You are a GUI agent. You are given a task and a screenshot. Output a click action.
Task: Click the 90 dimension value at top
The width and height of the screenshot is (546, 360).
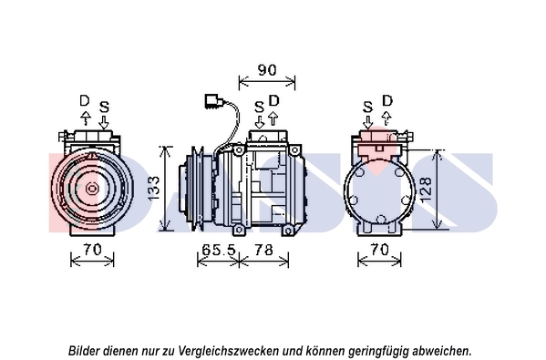(267, 70)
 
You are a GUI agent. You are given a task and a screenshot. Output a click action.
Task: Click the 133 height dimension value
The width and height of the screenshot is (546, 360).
(153, 189)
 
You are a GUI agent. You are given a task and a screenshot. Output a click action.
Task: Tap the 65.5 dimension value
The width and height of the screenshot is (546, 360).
(219, 250)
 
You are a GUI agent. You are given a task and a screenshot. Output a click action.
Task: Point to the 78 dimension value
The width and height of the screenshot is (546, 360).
(263, 250)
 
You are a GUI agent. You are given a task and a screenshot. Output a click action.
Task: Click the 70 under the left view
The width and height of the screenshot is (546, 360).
(92, 250)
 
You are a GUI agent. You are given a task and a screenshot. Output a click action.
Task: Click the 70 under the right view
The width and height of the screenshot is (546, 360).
(379, 250)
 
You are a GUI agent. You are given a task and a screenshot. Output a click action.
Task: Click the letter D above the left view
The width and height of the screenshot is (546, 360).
(85, 101)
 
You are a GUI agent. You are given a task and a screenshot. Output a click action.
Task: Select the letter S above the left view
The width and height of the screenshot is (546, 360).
(104, 107)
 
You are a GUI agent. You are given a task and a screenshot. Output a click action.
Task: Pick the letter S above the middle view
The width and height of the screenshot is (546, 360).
(259, 107)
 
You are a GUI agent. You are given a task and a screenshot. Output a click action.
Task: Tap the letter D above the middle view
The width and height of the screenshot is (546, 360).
(274, 100)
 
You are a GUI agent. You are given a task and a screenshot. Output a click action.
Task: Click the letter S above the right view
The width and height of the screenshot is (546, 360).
(367, 107)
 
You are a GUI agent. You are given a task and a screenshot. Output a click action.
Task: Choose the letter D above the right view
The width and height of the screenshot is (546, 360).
(387, 100)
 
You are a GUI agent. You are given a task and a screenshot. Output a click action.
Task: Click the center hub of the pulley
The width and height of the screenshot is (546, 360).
(92, 189)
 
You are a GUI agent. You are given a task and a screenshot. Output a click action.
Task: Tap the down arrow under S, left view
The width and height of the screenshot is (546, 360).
(104, 122)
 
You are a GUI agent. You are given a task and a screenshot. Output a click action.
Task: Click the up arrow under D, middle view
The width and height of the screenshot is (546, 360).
(273, 118)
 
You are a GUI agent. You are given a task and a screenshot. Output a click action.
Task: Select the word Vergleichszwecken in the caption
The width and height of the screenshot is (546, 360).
(231, 350)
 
